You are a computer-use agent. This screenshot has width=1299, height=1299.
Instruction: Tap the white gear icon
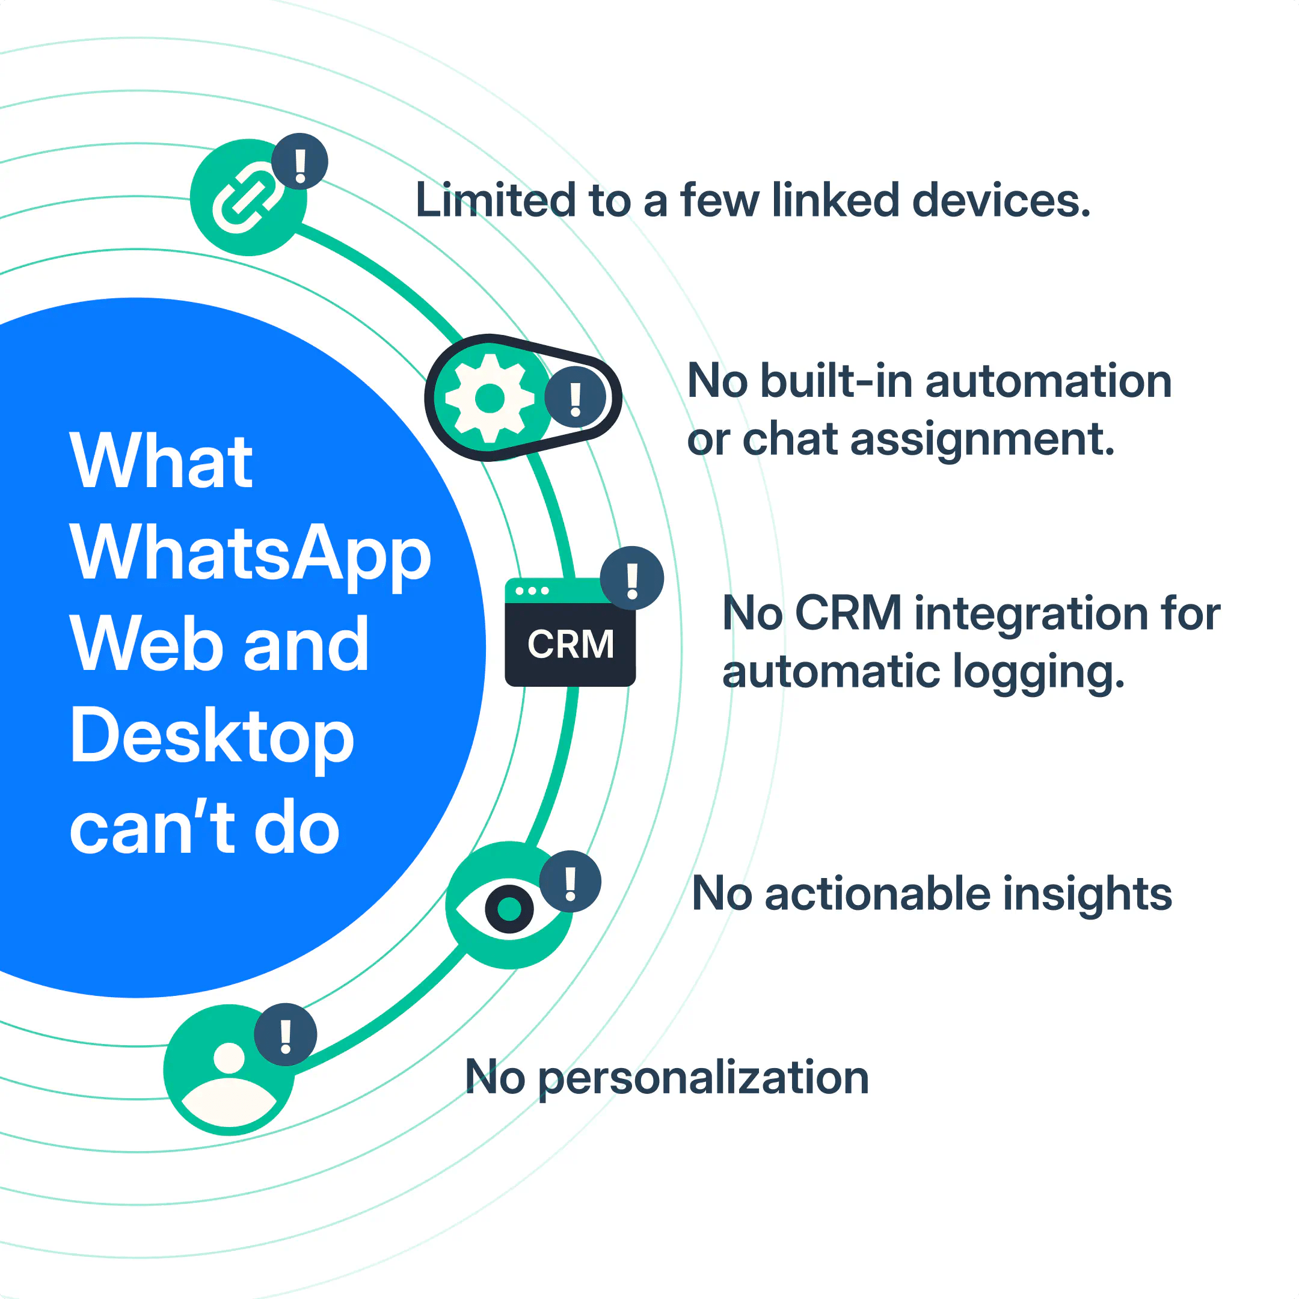point(490,398)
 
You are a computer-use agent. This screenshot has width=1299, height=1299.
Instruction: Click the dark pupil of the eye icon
point(509,909)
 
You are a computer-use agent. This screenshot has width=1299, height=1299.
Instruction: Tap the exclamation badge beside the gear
point(575,398)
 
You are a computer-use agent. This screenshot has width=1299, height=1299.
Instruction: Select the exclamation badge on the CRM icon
point(632,578)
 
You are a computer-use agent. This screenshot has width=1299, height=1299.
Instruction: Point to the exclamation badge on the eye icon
point(570,882)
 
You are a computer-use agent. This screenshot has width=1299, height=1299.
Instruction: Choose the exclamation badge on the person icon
point(286,1035)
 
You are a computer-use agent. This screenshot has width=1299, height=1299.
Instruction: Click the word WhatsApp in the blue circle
point(250,553)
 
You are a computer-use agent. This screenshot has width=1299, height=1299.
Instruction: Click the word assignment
point(982,440)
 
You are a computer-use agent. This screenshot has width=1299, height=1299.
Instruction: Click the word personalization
point(703,1077)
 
